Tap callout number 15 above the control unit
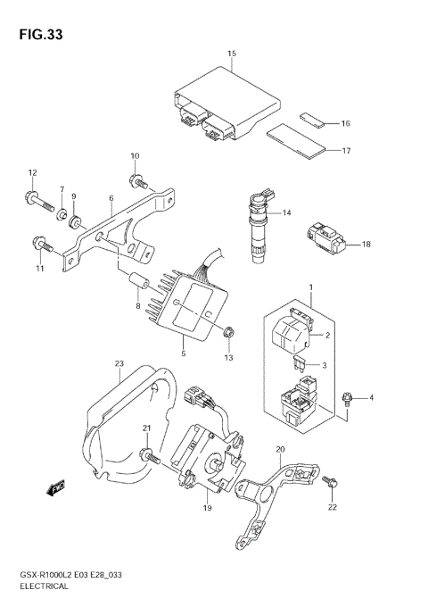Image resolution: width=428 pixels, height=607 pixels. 231,54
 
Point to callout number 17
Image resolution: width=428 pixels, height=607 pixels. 345,151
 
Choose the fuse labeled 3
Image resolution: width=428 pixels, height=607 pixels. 302,365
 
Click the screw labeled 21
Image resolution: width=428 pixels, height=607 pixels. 152,456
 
